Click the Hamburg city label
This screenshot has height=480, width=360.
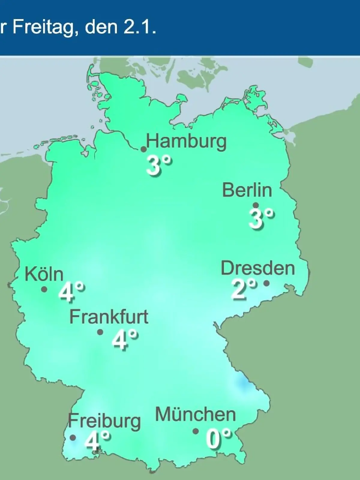pos(186,142)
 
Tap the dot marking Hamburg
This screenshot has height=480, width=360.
pos(144,149)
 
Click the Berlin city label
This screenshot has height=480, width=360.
pos(247,190)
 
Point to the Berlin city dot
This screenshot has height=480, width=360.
pos(256,205)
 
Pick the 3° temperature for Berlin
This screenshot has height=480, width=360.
pos(261,218)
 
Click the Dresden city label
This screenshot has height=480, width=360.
pos(258,268)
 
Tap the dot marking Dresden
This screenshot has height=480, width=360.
pos(266,283)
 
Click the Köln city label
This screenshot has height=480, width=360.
pos(44,274)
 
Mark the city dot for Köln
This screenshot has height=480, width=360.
pos(44,289)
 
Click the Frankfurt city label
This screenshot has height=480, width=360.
pos(109,317)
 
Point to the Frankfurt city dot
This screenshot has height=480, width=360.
pos(100,332)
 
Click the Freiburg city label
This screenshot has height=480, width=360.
pos(104,421)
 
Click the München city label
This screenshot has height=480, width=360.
pos(195,415)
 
